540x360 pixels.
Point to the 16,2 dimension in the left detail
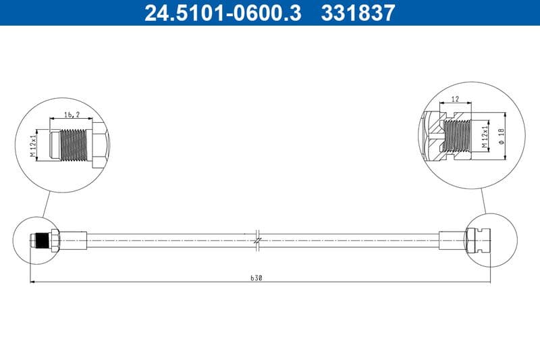pos(72,115)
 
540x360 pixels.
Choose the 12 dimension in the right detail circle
pos(454,99)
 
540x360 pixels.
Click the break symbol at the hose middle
pos(259,240)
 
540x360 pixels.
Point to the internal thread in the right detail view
pos(459,135)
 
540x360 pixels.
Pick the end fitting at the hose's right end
pos(479,240)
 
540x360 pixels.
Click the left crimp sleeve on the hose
pos(74,240)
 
